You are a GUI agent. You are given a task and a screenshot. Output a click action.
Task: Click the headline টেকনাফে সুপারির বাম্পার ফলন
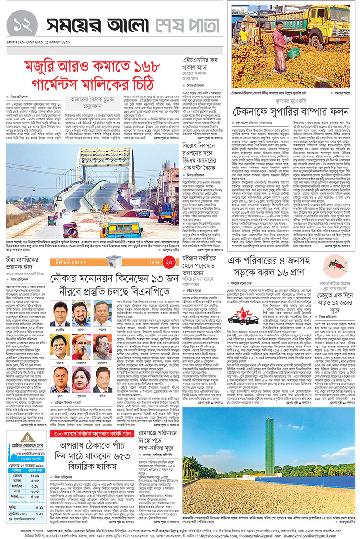291,112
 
